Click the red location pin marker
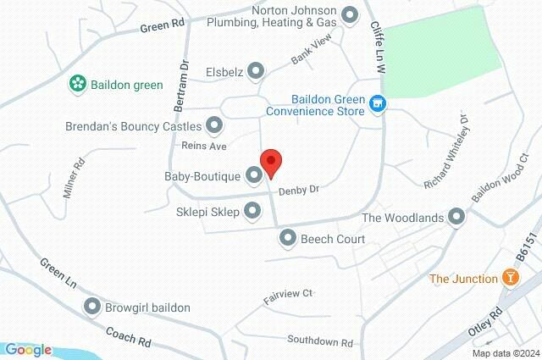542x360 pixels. (270, 162)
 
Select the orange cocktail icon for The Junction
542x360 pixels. (510, 278)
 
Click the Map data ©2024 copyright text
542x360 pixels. (506, 353)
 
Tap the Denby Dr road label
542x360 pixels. (301, 189)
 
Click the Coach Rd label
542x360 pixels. (129, 333)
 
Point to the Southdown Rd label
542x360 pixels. (319, 342)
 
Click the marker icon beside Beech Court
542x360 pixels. (289, 239)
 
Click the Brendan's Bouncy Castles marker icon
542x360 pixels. (214, 126)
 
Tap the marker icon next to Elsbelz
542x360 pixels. (257, 72)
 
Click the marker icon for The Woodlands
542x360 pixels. (457, 218)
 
